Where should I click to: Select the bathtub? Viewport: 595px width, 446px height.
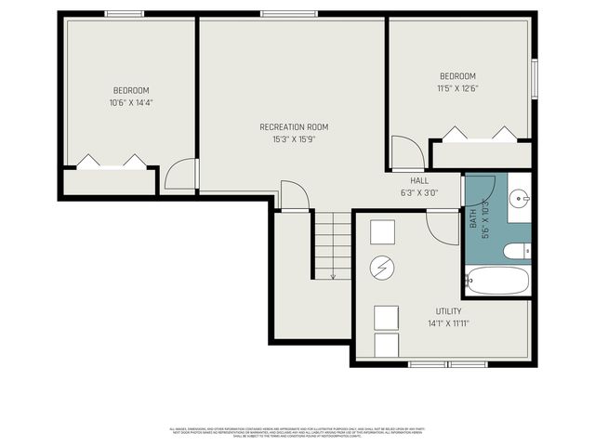pyautogui.click(x=496, y=280)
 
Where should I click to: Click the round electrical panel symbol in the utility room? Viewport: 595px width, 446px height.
pyautogui.click(x=382, y=269)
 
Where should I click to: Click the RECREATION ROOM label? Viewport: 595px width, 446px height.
pyautogui.click(x=294, y=127)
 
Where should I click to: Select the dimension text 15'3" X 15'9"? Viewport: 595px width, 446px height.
pyautogui.click(x=294, y=140)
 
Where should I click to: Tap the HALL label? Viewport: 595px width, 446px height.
pyautogui.click(x=418, y=180)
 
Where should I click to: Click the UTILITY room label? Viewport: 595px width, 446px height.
pyautogui.click(x=448, y=311)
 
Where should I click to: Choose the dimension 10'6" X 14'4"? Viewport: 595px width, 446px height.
pyautogui.click(x=131, y=102)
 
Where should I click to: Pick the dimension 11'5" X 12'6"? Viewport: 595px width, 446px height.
pyautogui.click(x=457, y=88)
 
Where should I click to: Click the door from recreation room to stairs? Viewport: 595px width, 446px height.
pyautogui.click(x=295, y=195)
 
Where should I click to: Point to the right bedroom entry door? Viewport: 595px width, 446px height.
pyautogui.click(x=406, y=152)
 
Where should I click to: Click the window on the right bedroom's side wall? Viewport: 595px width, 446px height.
pyautogui.click(x=535, y=79)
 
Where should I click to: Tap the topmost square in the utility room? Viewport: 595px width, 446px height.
pyautogui.click(x=382, y=230)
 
